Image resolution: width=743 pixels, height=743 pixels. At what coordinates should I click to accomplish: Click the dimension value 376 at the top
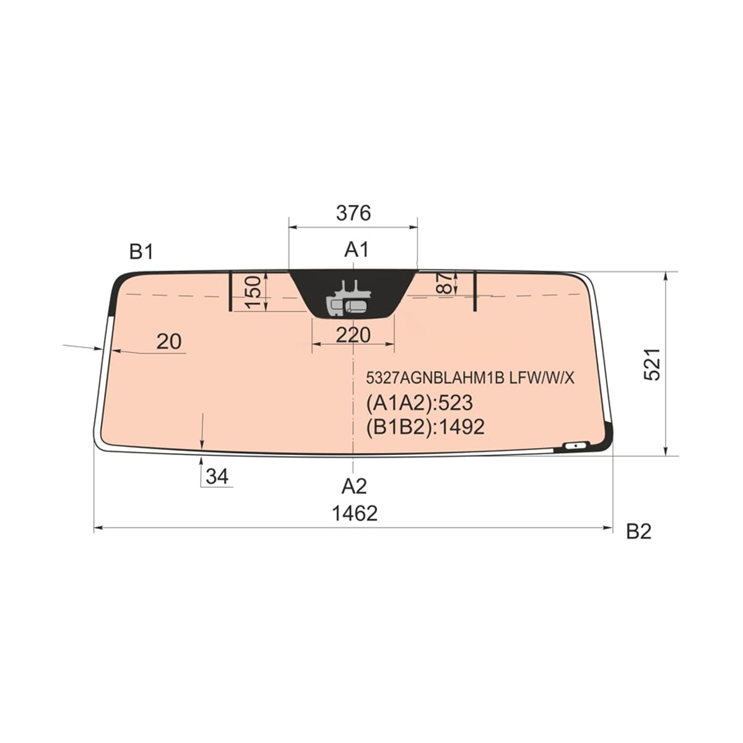[353, 213]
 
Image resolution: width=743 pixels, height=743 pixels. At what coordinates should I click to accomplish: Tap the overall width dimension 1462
[355, 513]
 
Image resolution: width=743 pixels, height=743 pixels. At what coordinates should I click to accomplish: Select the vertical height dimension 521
[653, 364]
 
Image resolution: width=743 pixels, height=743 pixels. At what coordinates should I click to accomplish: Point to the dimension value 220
[353, 335]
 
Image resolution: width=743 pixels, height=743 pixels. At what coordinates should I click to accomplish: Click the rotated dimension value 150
[254, 292]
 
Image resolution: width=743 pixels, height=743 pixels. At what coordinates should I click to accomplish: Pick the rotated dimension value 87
[446, 283]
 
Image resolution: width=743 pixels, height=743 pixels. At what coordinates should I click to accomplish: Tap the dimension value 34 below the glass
[217, 477]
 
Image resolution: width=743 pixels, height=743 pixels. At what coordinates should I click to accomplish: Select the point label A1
[356, 250]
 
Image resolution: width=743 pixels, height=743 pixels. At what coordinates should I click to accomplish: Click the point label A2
[354, 486]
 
